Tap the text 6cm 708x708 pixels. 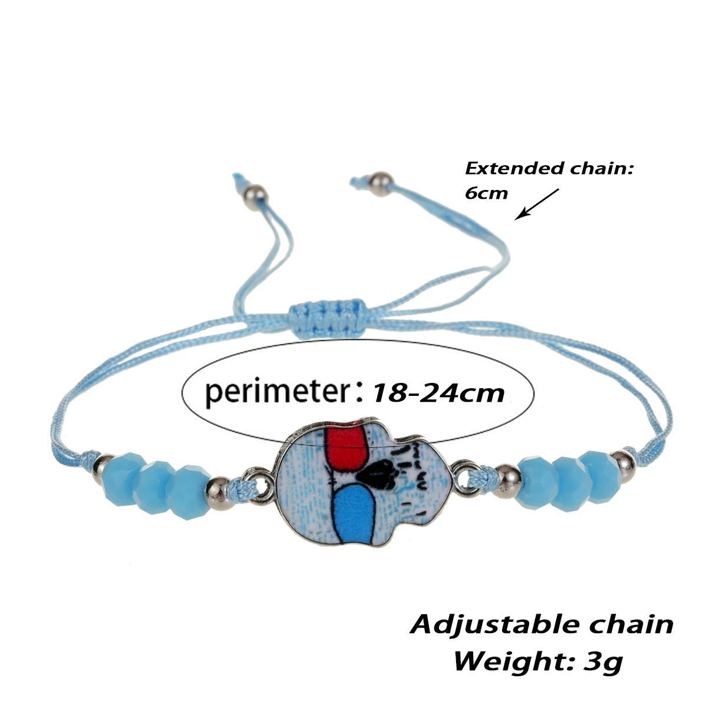(486, 194)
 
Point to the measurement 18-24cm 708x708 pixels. (437, 392)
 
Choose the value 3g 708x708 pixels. (603, 661)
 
